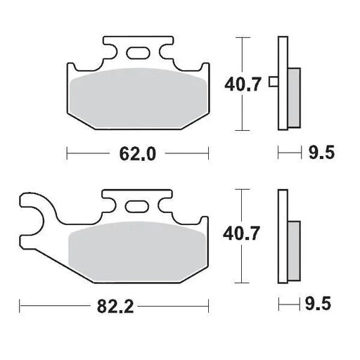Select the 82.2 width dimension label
115,306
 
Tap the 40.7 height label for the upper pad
243,85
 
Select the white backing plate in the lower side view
283,211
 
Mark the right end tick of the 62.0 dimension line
209,152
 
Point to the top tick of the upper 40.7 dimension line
243,37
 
